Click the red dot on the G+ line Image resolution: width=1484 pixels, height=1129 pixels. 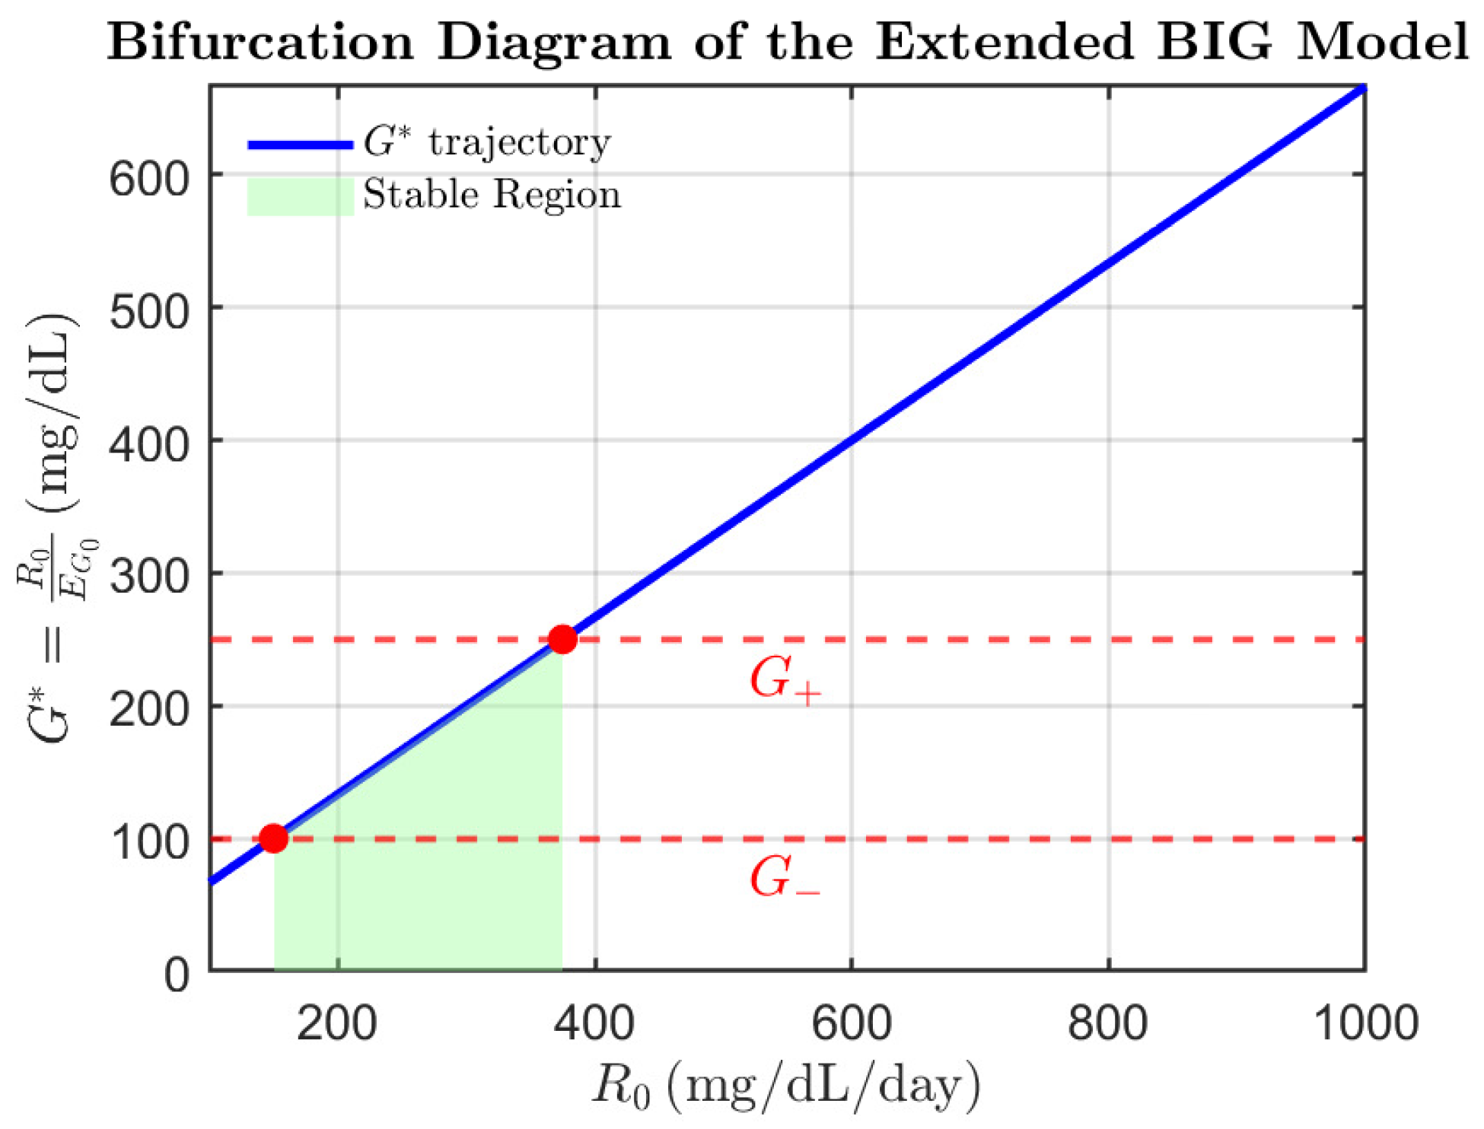562,639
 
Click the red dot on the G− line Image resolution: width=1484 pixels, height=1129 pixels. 273,838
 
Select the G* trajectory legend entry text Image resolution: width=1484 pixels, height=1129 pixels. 487,142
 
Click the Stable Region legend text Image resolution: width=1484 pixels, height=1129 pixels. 492,195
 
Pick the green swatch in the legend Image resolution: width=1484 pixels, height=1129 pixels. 301,196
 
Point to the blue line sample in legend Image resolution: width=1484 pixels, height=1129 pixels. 301,145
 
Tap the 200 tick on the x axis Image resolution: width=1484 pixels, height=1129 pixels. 337,1023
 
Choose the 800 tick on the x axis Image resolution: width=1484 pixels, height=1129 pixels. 1107,1023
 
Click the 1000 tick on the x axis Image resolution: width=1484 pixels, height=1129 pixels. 1365,1023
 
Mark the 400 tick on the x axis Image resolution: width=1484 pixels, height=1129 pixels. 594,1023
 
